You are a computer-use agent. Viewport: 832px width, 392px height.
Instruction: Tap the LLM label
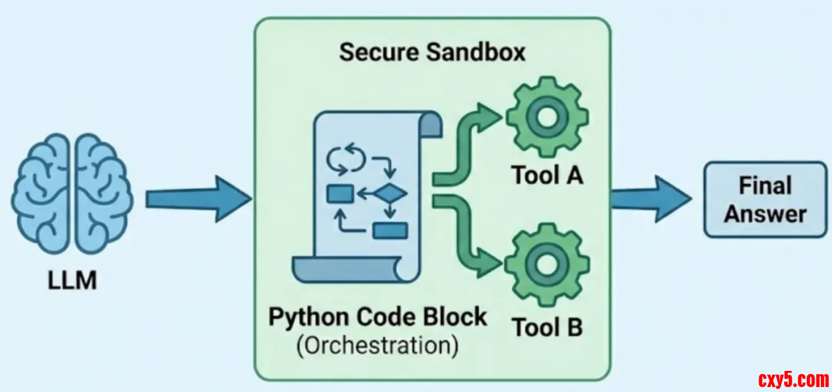tap(73, 280)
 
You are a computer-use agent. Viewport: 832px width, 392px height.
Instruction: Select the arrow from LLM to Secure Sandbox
tap(197, 198)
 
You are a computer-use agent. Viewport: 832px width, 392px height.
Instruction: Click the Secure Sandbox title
tap(432, 52)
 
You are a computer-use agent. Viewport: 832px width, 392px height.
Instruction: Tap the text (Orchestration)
tap(378, 345)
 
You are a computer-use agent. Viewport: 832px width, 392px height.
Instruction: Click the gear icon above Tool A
tap(546, 117)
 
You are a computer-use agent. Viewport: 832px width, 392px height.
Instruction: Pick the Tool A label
tap(547, 176)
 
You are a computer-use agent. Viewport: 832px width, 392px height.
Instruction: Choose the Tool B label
tap(547, 326)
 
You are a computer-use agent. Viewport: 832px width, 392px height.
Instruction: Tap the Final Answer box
tap(765, 199)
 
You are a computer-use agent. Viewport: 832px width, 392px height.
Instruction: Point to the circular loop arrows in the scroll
tap(343, 158)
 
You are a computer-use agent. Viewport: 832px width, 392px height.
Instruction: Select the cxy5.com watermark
tap(794, 378)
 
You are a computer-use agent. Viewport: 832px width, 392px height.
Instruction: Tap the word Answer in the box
tap(765, 214)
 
